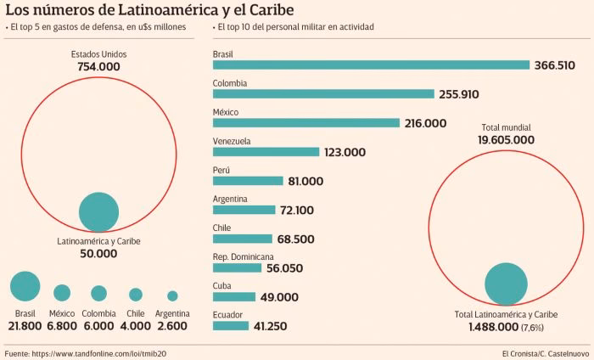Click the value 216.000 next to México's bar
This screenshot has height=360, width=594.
(425, 123)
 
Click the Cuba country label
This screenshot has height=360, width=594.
(221, 285)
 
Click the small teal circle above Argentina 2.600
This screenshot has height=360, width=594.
(173, 295)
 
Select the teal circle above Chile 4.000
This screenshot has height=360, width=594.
(136, 294)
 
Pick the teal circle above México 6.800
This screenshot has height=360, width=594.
(62, 293)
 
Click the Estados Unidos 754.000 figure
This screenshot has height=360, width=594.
(98, 67)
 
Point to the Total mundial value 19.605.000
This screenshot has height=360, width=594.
(506, 139)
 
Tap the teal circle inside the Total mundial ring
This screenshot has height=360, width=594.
(506, 284)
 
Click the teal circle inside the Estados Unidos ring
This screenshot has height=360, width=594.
(98, 211)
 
